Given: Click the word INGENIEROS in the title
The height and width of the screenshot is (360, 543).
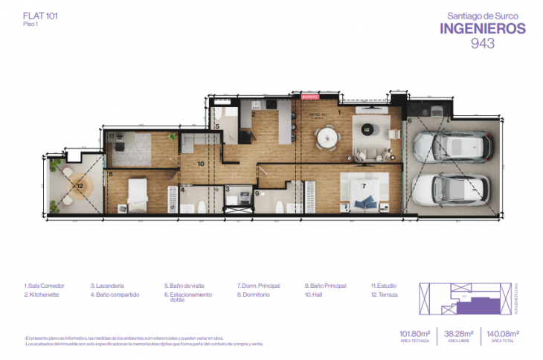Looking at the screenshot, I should (x=483, y=28).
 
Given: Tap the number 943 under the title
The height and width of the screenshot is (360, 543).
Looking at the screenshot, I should (x=483, y=44).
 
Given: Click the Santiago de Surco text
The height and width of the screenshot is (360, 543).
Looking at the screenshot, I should (x=483, y=14).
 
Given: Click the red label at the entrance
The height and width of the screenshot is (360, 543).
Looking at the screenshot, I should (x=309, y=97).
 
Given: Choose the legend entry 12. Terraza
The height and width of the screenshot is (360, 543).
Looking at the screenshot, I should (x=384, y=295).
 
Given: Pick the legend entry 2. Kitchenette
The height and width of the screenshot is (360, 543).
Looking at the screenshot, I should (x=45, y=295).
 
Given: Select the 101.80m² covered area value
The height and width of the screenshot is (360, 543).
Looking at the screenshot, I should (x=416, y=334).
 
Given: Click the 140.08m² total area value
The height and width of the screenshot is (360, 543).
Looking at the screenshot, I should (x=502, y=334).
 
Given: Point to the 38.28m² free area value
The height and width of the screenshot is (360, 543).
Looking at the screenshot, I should (x=459, y=334).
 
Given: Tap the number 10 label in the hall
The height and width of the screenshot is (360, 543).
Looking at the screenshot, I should (x=201, y=163).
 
